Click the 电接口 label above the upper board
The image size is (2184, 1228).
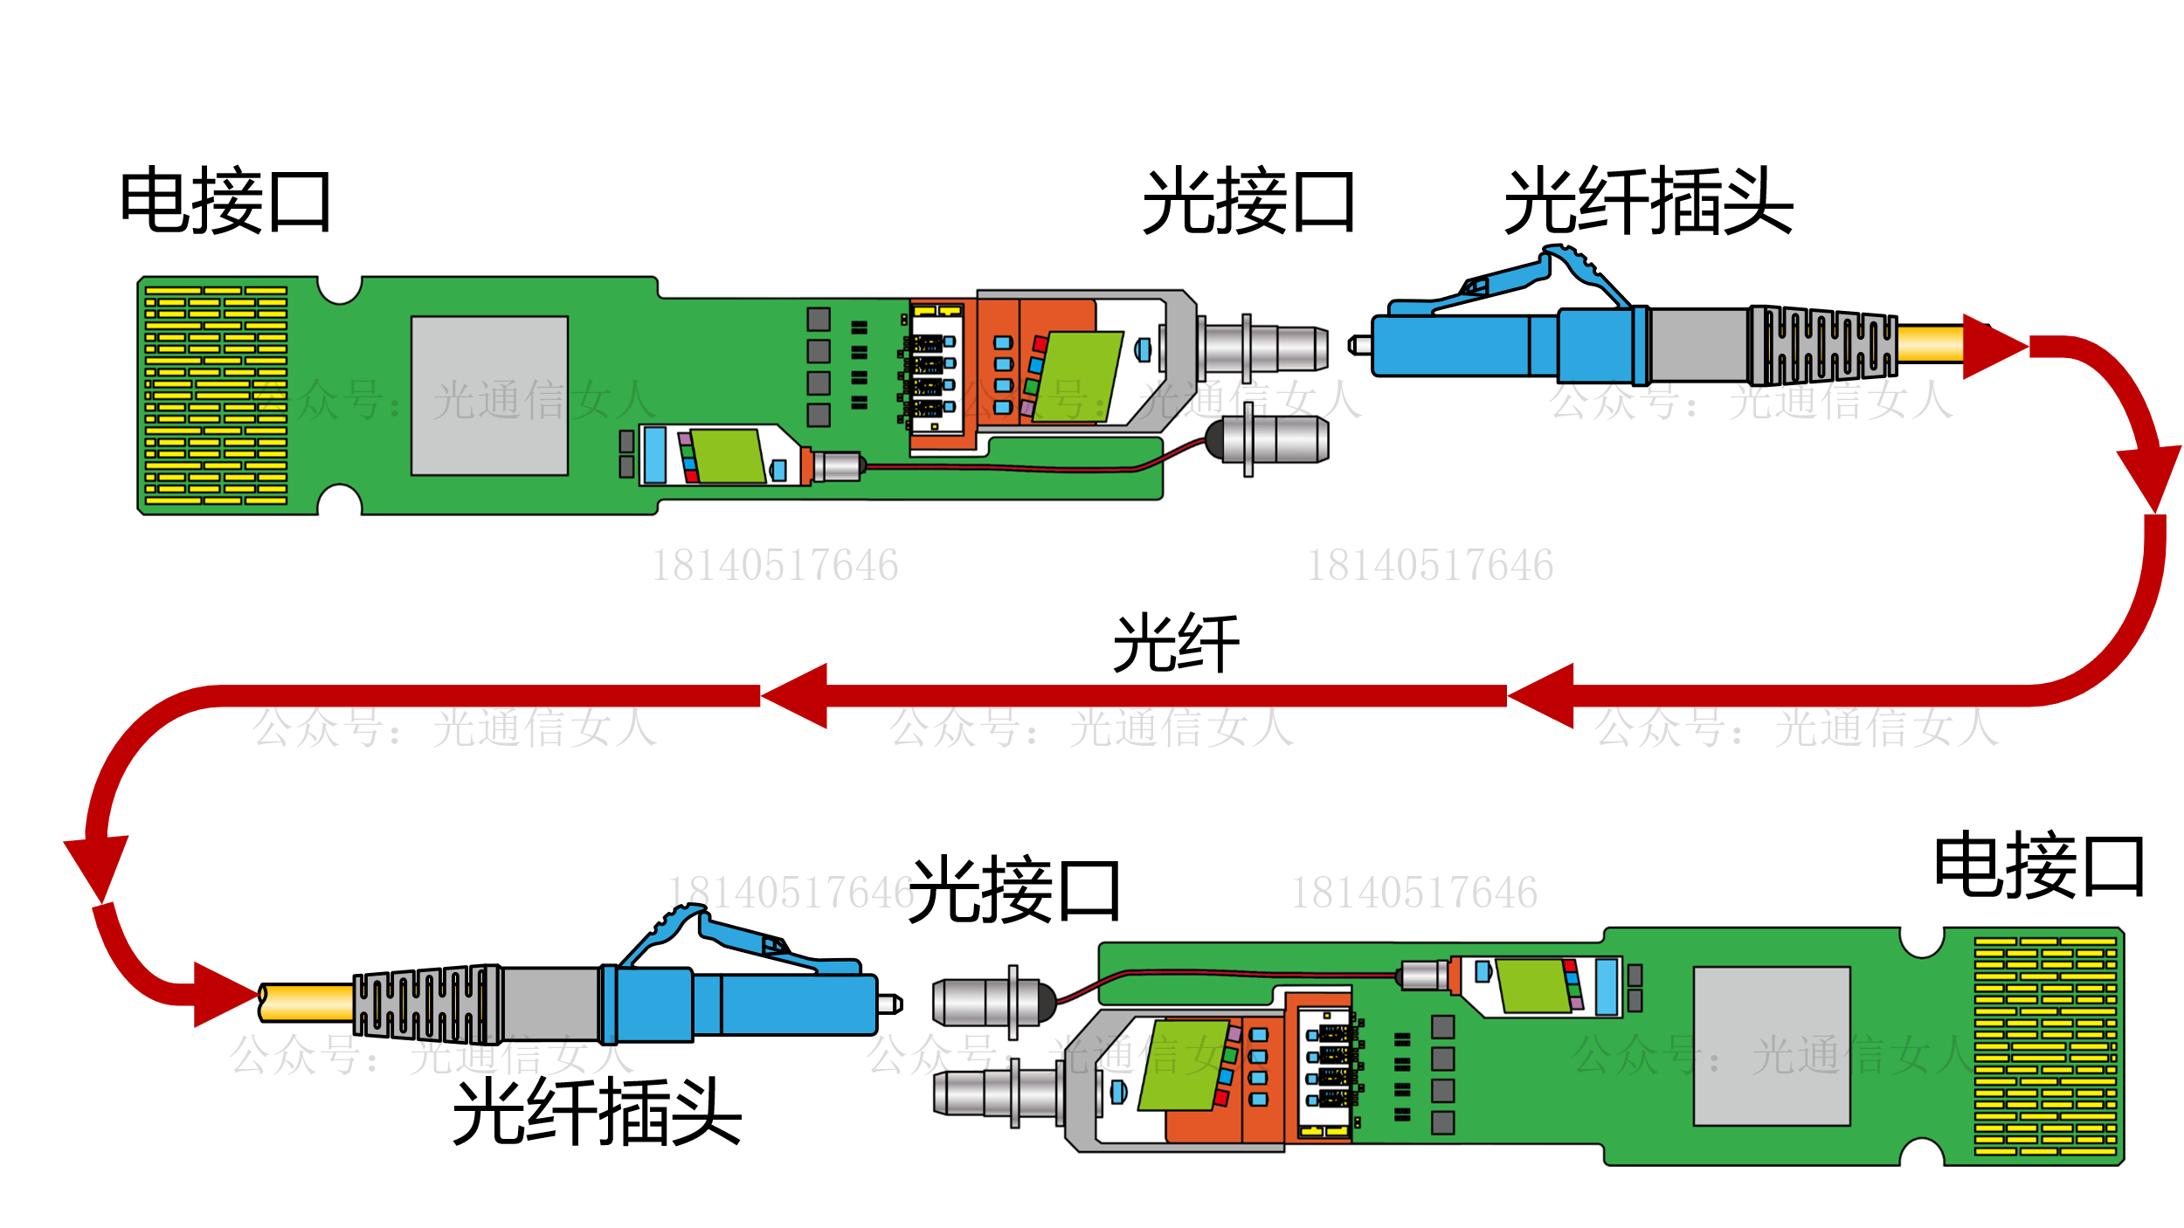[225, 201]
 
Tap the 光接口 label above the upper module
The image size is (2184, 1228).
[1249, 201]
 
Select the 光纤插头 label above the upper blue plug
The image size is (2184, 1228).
[1648, 201]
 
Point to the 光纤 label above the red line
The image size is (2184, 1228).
[1176, 643]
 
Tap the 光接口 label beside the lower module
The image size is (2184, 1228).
[1015, 890]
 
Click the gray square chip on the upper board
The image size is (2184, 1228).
[489, 396]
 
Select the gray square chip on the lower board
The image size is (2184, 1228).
[1772, 1046]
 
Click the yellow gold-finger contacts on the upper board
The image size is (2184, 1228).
[216, 395]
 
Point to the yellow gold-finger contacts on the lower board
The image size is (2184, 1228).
[2045, 1046]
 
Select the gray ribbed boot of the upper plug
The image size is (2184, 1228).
[1821, 346]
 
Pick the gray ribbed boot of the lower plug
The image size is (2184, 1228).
[428, 1004]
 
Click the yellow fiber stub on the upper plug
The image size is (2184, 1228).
[1931, 343]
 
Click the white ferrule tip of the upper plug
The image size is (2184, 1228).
[1359, 346]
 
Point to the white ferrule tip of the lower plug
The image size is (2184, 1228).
[890, 1004]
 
